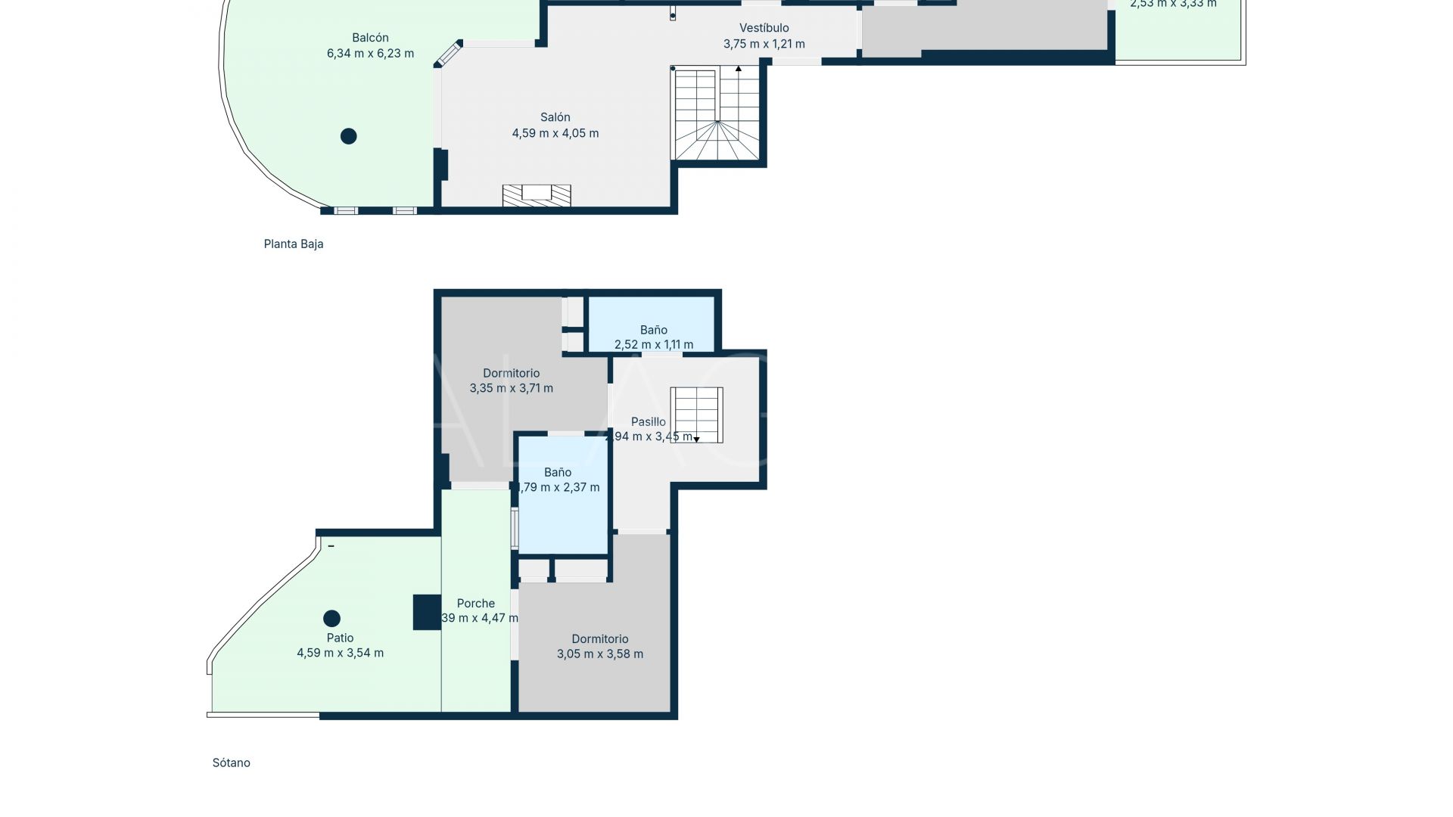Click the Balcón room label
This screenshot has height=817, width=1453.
[370, 38]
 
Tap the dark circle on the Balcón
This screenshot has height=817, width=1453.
[348, 136]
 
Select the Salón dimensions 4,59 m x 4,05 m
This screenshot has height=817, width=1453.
[555, 133]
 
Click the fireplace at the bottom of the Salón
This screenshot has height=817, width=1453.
[537, 195]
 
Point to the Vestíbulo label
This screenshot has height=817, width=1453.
[764, 28]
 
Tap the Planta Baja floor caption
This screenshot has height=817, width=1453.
[293, 244]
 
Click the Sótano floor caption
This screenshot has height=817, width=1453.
[231, 763]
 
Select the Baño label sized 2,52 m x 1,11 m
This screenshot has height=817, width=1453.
[653, 330]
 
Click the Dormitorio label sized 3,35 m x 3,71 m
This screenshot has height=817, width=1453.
[511, 373]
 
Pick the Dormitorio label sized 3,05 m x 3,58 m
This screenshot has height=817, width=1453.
[599, 639]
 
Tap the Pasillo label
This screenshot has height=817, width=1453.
[649, 421]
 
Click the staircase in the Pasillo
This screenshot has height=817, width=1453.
[696, 414]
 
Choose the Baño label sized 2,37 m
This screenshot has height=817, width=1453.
[558, 472]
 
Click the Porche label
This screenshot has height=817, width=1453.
[475, 603]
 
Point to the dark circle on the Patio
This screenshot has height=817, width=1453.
[331, 618]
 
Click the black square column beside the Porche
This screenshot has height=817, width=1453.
[427, 612]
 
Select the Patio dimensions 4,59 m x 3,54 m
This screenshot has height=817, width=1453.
[340, 653]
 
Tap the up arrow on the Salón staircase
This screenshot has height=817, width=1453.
[739, 69]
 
